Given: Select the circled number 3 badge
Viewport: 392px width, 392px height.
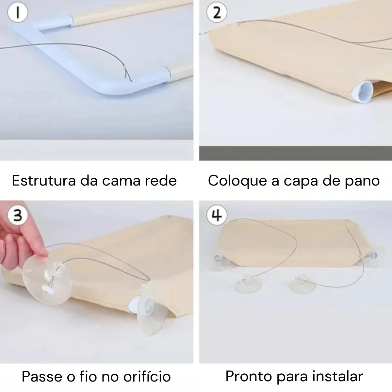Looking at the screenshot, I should click(17, 216).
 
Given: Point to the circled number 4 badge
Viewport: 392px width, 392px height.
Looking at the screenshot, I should click(217, 216).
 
